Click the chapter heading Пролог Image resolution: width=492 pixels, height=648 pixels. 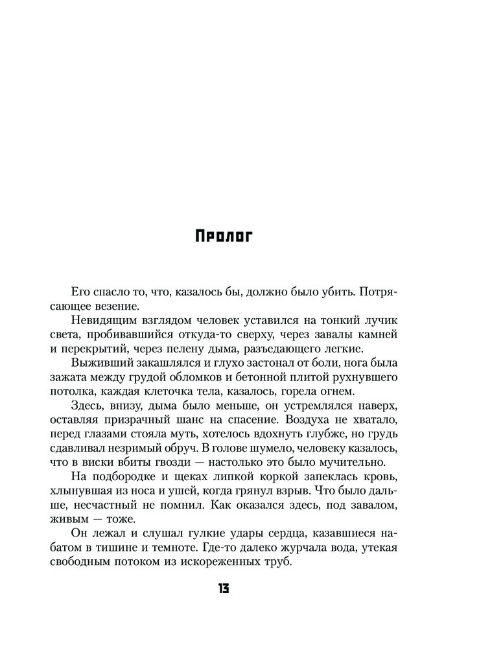tap(224, 235)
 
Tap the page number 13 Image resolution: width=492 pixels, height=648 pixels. tap(224, 588)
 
